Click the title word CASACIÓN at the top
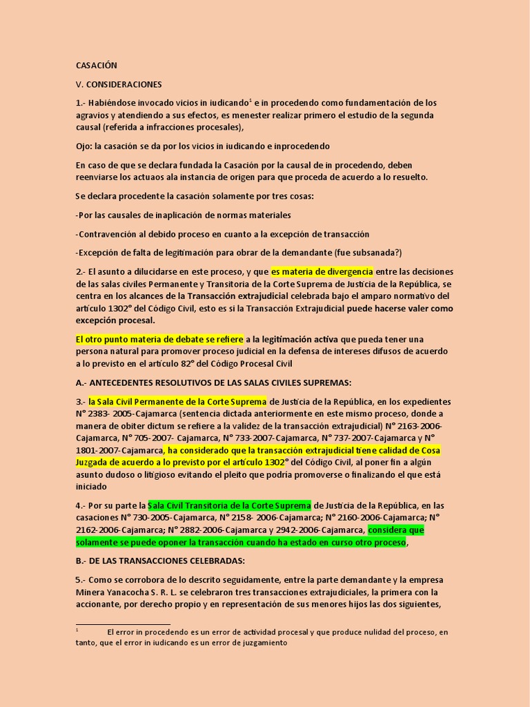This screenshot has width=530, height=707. click(x=96, y=66)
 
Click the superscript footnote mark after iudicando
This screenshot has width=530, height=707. click(x=251, y=101)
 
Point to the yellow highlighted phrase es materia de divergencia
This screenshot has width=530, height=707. click(x=322, y=272)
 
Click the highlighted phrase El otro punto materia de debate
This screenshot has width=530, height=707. click(x=159, y=339)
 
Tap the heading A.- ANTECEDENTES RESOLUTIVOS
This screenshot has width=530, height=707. click(x=213, y=382)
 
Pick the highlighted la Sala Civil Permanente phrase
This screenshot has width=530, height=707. click(x=177, y=402)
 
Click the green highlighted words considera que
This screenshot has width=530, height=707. click(x=396, y=530)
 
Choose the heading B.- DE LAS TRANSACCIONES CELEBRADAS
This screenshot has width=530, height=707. click(x=159, y=560)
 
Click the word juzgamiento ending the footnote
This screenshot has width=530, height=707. click(x=258, y=642)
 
